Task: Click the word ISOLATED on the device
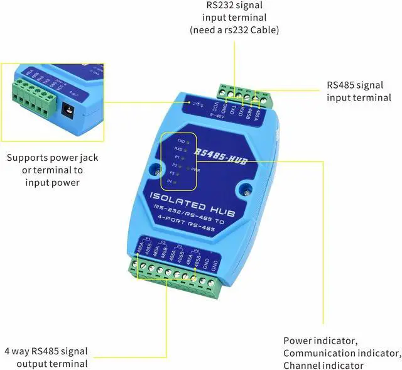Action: [173, 200]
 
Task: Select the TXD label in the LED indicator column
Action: [181, 142]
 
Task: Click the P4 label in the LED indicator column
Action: [168, 181]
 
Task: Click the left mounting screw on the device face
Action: [153, 168]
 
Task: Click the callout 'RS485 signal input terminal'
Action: [359, 91]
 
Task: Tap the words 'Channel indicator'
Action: [323, 365]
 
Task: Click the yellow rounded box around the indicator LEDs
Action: [178, 161]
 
